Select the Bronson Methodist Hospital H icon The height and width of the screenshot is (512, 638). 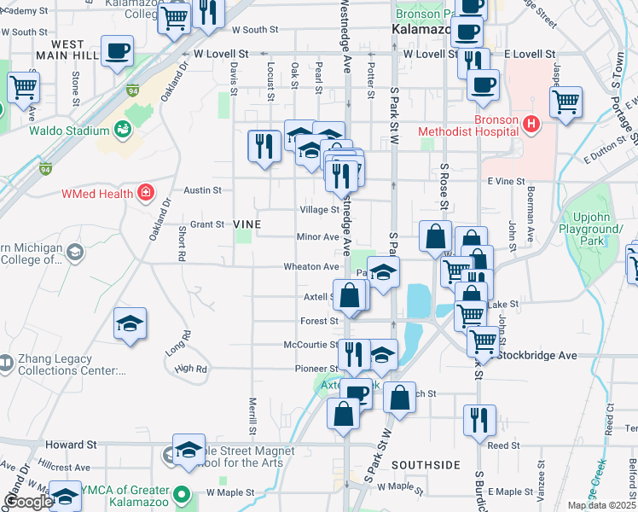tap(531, 125)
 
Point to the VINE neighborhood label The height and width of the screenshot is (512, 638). tap(246, 224)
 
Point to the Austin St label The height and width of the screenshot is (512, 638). tap(205, 190)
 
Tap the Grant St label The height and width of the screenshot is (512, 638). tap(206, 224)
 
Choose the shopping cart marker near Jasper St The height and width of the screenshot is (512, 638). tap(565, 102)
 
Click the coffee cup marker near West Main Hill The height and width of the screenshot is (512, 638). tap(117, 49)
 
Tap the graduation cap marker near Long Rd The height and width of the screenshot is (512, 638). tap(130, 323)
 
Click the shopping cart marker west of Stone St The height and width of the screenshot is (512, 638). tap(23, 86)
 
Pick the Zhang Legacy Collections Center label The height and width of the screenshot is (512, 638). tap(64, 365)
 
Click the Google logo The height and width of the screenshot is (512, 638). tap(27, 502)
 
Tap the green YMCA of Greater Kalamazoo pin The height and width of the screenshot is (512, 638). tap(182, 493)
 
